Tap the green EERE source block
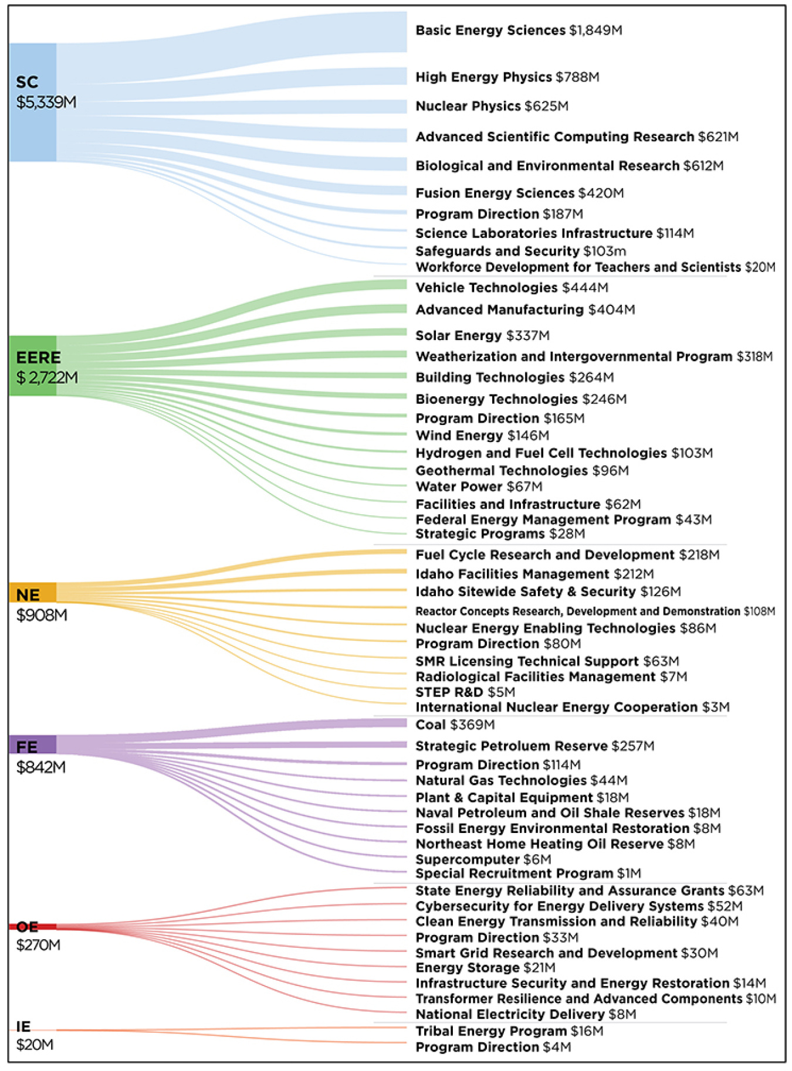click(33, 365)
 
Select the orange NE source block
click(33, 593)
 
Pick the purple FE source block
click(33, 744)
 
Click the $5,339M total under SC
click(46, 103)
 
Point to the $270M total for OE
click(38, 945)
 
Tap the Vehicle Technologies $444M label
click(512, 288)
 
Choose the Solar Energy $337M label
click(482, 336)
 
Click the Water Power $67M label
click(479, 487)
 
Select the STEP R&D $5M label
click(465, 692)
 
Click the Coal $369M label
click(455, 725)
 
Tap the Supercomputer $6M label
click(483, 859)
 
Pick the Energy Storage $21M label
click(485, 968)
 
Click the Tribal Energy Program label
click(509, 1031)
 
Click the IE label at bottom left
click(23, 1026)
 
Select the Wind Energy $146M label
click(482, 436)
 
